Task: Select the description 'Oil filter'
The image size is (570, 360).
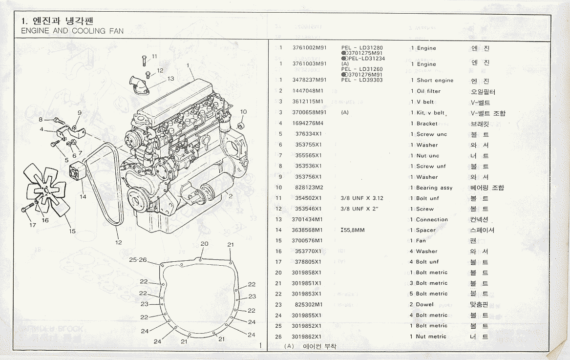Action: pos(428,91)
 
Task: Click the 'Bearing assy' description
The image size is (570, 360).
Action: pos(434,188)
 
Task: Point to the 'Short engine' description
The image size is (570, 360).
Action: pos(435,80)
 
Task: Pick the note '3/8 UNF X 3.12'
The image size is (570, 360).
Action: pos(362,198)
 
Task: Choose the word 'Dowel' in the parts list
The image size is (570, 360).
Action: pos(424,304)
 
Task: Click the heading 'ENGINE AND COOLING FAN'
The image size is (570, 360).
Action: pos(72,31)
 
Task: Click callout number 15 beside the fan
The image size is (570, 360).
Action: pos(72,231)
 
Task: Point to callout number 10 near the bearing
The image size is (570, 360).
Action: pos(243,112)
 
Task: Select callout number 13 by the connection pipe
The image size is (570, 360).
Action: pos(170,78)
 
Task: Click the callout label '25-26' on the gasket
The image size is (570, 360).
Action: pos(138,260)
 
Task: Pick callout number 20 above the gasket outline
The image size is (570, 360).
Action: pos(204,244)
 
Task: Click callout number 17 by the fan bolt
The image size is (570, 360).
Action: pos(33,225)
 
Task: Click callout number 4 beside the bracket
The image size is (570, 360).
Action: pos(42,129)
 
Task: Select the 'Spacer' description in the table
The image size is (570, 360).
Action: pos(425,230)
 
